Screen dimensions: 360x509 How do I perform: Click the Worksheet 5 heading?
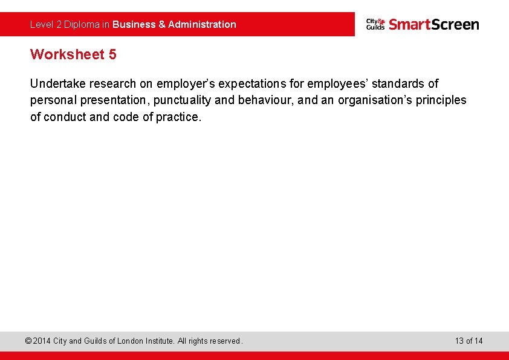point(73,54)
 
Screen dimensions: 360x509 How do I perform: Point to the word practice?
point(178,117)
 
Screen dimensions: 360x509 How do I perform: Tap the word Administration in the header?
point(202,25)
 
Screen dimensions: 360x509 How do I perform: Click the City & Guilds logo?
point(375,24)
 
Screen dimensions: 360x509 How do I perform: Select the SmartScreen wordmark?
point(433,24)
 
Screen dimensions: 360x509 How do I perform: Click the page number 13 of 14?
point(469,341)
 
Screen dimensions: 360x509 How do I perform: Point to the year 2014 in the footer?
point(42,341)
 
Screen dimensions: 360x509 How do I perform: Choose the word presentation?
point(113,100)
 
